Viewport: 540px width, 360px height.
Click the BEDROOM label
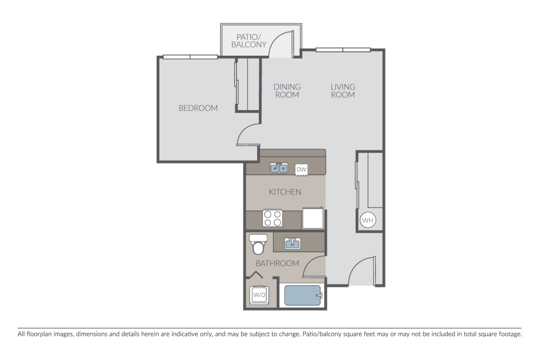198,108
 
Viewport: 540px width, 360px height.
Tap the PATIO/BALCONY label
248,40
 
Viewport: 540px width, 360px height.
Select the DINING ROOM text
287,90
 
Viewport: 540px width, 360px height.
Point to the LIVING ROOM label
343,90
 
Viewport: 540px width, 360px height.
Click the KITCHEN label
285,192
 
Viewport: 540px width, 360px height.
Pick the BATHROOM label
277,263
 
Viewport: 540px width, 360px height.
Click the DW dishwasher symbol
301,169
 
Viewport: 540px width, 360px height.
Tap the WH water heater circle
368,220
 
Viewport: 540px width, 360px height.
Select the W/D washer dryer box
259,296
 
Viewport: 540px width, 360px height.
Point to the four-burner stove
273,219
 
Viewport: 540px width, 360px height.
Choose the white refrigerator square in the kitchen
313,218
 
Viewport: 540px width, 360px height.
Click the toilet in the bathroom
258,244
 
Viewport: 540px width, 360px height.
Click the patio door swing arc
283,45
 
